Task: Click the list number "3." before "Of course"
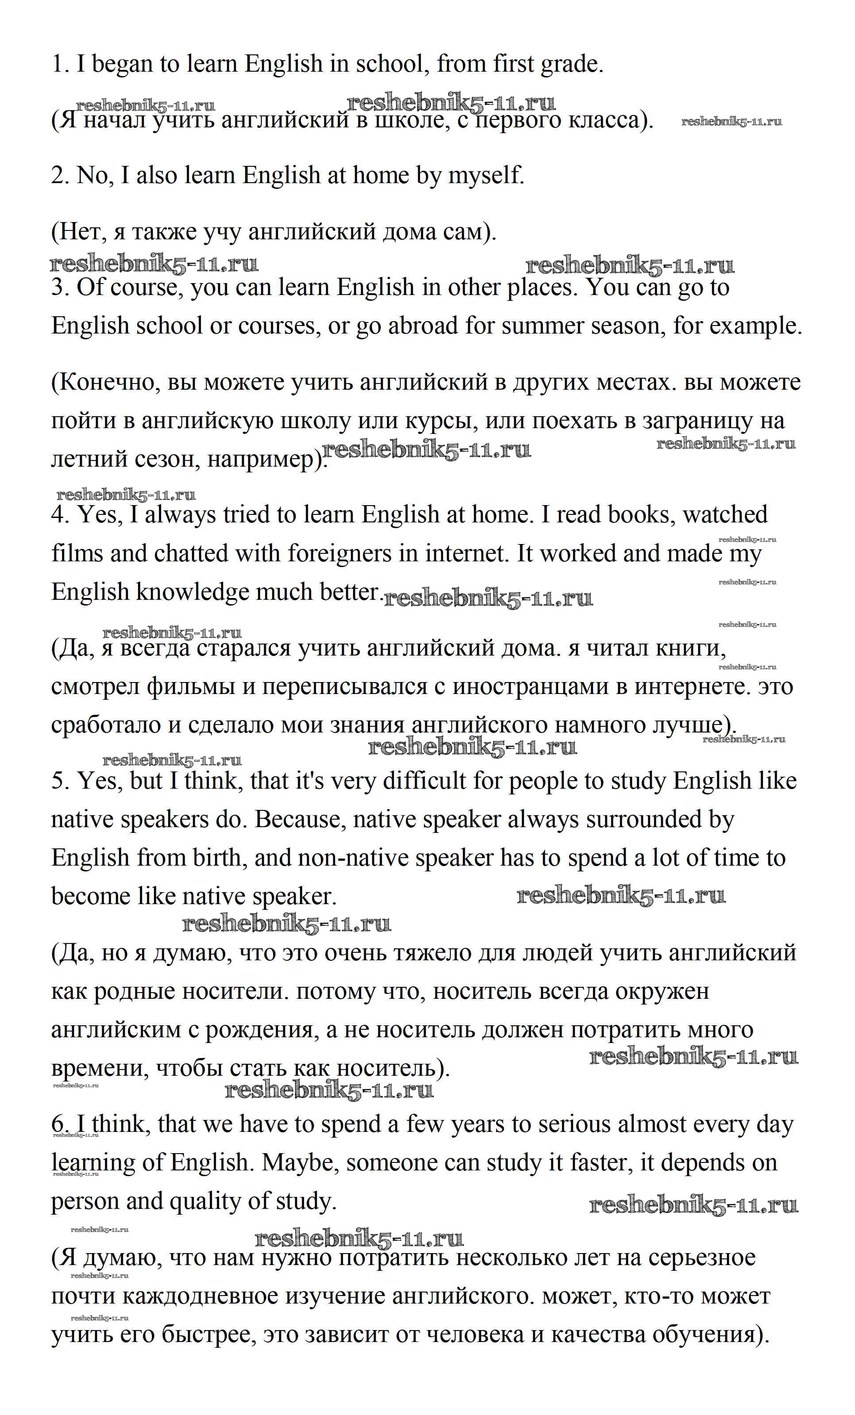click(x=60, y=287)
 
